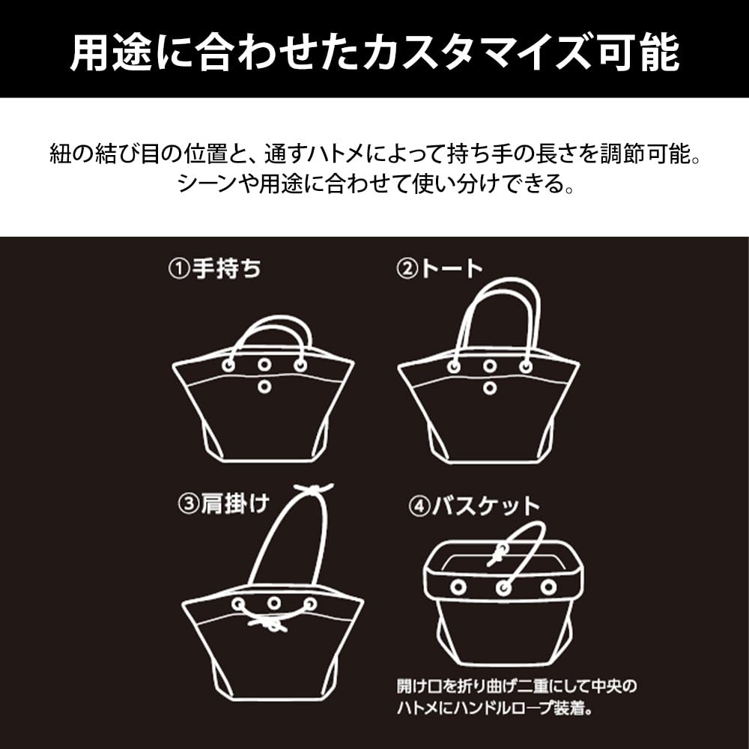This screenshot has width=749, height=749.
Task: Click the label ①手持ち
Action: coord(214,270)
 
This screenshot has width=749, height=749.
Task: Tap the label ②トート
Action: coord(440,270)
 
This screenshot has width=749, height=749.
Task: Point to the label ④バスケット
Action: coord(473,506)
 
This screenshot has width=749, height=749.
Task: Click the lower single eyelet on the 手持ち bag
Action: coord(264,386)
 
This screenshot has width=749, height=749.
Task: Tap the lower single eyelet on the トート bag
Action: coord(490,388)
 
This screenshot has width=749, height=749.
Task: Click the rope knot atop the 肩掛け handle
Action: coord(314,491)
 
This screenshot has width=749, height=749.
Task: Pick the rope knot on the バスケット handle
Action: coord(497,557)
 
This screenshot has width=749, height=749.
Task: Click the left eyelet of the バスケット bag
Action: coord(458,586)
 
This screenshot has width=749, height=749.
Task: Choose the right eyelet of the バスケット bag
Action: coord(549,586)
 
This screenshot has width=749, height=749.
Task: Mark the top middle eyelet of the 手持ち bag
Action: coord(264,364)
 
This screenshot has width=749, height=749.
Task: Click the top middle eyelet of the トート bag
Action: coord(490,366)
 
